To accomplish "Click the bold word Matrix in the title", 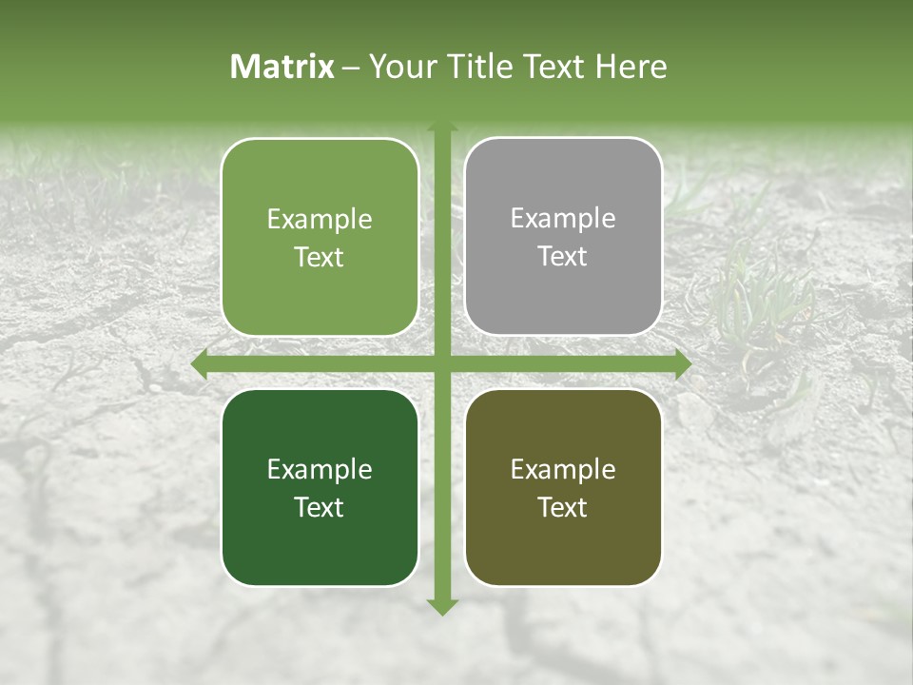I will (x=282, y=67).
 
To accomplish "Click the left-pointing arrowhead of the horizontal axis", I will (x=199, y=364).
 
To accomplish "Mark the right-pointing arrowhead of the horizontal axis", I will (x=683, y=364).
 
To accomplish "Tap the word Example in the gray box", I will (x=563, y=219).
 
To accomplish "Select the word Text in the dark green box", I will (x=320, y=507).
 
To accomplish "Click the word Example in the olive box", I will (x=563, y=469).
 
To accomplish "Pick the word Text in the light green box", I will (x=320, y=257).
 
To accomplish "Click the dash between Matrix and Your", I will (x=351, y=68).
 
